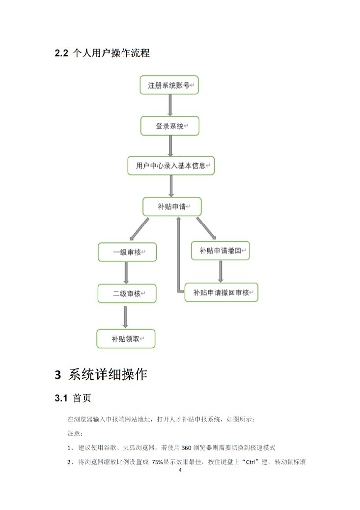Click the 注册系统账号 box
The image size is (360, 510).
pos(169,85)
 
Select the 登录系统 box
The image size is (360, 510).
pos(170,126)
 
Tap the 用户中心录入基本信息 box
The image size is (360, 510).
pos(171,166)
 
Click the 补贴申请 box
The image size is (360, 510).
pos(172,206)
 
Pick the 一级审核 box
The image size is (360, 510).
pos(127,252)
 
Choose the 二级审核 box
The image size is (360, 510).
pos(127,293)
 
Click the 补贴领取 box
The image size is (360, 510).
pos(126,339)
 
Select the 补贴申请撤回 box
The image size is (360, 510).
pos(221,251)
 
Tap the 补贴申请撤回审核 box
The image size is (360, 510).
pos(221,292)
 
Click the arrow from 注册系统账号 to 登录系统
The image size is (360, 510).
pos(170,106)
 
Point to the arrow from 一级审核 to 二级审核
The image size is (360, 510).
pos(126,273)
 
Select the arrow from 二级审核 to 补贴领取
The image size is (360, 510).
pos(126,317)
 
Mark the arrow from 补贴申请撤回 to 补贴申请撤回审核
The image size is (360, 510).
pos(221,271)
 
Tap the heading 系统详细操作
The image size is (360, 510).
pos(108,374)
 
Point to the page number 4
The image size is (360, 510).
pos(180,470)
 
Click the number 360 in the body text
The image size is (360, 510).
pos(186,448)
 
